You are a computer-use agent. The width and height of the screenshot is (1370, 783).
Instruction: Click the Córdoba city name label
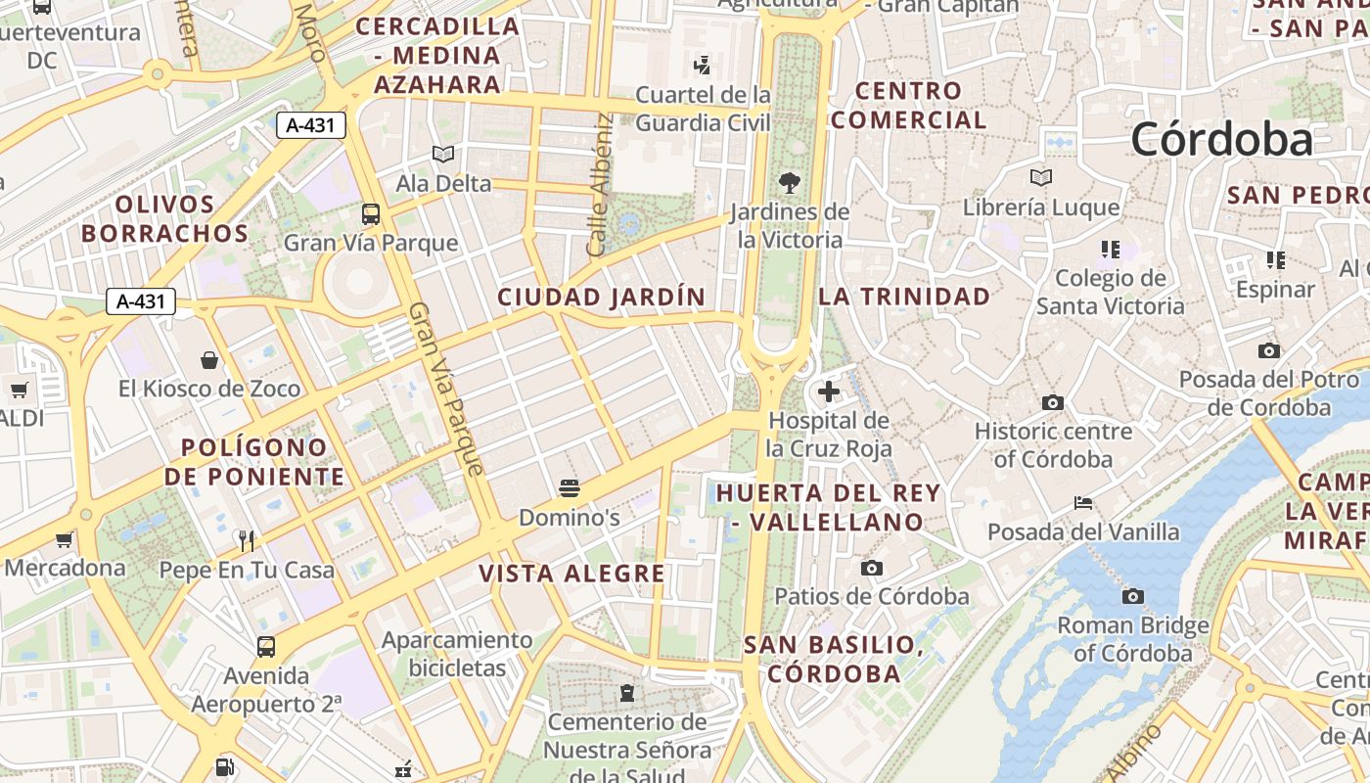coord(1221,140)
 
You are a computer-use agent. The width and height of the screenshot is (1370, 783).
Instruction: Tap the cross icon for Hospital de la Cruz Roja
coord(829,392)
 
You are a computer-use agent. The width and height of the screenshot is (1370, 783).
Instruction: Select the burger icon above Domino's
coord(570,488)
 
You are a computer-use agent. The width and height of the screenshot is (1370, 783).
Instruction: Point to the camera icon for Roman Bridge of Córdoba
coord(1132,596)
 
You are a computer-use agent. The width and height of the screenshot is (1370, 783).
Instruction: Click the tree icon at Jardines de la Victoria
coord(789,182)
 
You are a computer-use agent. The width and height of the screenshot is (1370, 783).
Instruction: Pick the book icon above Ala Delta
coord(443,155)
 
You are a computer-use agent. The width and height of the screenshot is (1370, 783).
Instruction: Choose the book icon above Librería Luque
coord(1041,178)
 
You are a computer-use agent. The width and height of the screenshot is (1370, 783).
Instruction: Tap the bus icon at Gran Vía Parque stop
coord(371,214)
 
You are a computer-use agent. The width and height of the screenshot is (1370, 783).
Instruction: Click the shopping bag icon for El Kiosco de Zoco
coord(209,360)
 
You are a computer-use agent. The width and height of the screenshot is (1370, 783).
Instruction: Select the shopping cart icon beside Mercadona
coord(65,539)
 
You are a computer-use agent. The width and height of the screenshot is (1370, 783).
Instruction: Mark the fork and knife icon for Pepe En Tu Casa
coord(247,540)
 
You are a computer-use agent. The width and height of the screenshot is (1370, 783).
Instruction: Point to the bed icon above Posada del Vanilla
coord(1083,503)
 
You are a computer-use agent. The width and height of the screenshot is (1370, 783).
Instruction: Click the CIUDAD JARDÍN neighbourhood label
coord(601,297)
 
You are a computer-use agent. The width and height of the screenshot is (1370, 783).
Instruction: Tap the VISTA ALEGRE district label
coord(571,574)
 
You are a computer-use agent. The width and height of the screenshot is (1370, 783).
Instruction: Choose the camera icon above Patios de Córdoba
coord(871,568)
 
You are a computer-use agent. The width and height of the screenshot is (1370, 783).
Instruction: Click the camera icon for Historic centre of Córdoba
coord(1053,402)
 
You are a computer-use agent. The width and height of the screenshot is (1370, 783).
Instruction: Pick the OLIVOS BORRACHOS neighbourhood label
coord(164,219)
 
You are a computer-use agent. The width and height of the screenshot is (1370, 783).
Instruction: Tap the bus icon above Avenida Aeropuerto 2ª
coord(266,647)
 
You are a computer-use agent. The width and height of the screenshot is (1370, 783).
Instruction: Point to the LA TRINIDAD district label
coord(904,297)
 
